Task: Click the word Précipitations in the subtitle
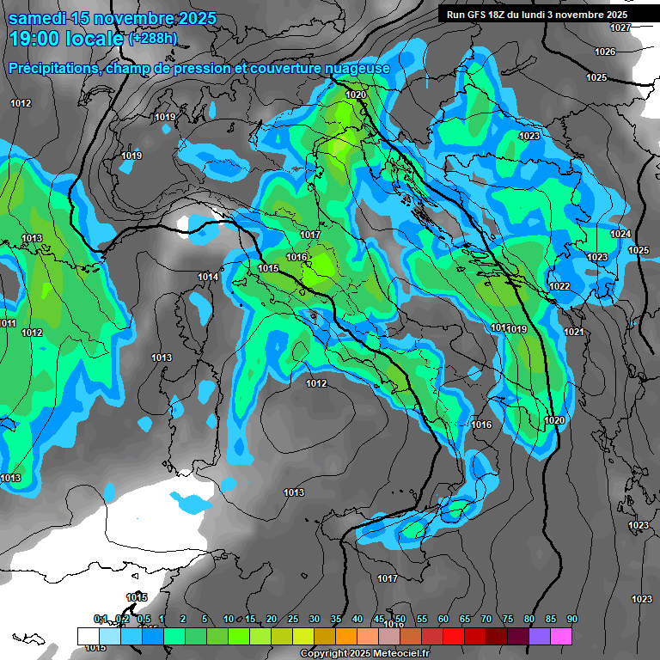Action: coord(51,68)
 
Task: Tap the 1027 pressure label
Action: coord(620,28)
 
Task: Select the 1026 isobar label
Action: coord(605,52)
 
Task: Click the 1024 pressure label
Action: coord(620,235)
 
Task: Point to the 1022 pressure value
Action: coord(559,286)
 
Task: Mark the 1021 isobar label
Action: coord(574,333)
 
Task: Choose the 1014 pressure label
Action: coord(207,277)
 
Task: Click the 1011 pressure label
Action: coord(8,324)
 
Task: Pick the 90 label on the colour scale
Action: coord(571,620)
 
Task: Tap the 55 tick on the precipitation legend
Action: coord(422,620)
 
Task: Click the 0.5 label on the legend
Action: coord(144,620)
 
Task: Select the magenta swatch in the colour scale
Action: coord(561,636)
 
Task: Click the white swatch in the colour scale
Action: coord(88,636)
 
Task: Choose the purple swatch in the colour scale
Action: coord(540,636)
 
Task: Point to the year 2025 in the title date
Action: coord(192,18)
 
